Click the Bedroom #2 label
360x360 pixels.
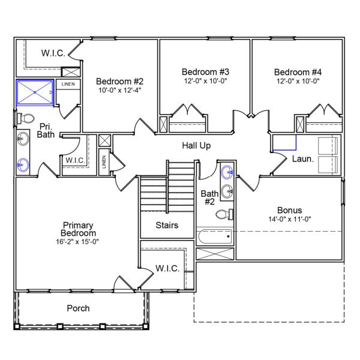pyautogui.click(x=120, y=81)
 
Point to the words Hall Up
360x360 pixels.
pyautogui.click(x=196, y=146)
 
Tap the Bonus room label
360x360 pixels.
pyautogui.click(x=289, y=211)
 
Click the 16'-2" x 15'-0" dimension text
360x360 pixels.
pyautogui.click(x=79, y=242)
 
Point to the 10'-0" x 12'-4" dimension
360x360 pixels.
pyautogui.click(x=120, y=90)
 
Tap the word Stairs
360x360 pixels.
pyautogui.click(x=167, y=226)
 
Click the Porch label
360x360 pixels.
pyautogui.click(x=78, y=308)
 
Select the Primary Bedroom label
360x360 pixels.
pyautogui.click(x=79, y=229)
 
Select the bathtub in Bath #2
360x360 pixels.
pyautogui.click(x=215, y=237)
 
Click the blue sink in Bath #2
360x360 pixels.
pyautogui.click(x=226, y=173)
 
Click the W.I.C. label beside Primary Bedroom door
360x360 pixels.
pyautogui.click(x=167, y=268)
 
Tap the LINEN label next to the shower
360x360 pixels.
pyautogui.click(x=68, y=84)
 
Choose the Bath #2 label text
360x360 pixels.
pyautogui.click(x=208, y=197)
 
